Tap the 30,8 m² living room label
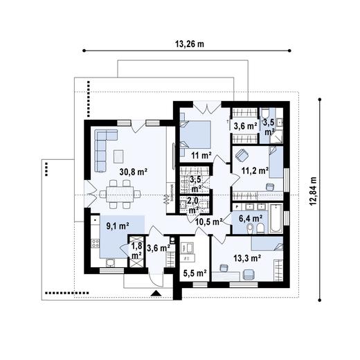point(136,170)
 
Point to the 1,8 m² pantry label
point(136,250)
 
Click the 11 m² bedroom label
point(201,155)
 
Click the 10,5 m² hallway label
point(208,222)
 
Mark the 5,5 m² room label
point(195,273)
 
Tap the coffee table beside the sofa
point(118,153)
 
